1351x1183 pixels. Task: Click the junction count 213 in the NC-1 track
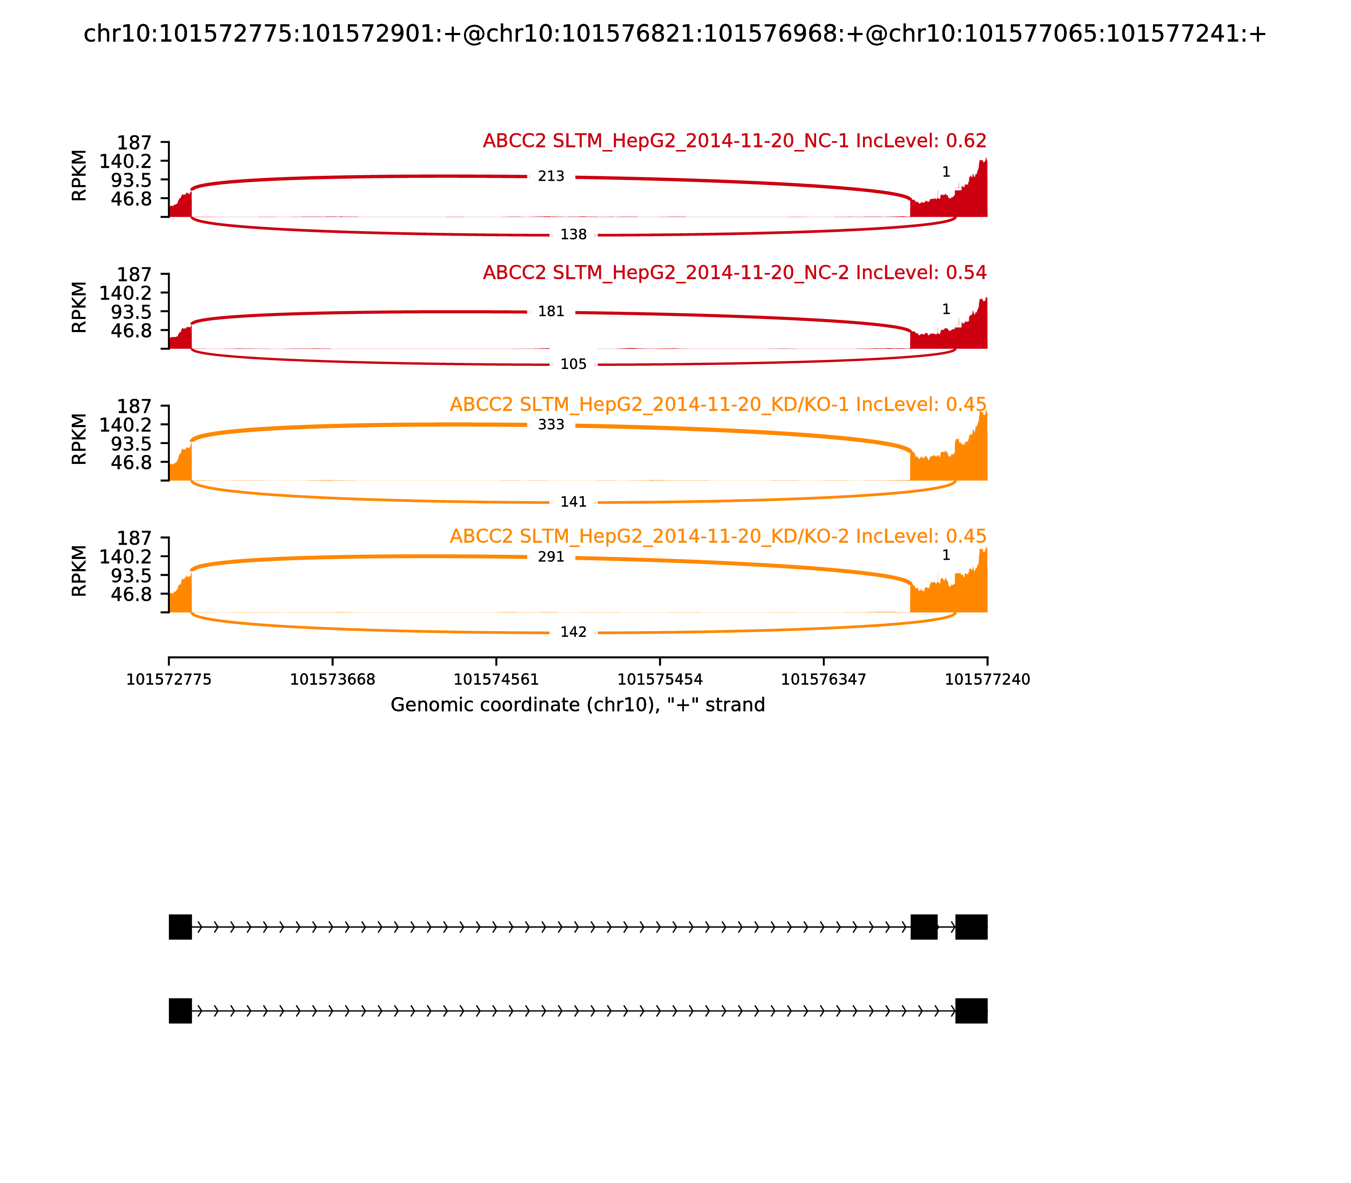(551, 176)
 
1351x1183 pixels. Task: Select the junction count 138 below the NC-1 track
(573, 234)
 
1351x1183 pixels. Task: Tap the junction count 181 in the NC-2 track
(551, 312)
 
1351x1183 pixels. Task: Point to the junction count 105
(573, 364)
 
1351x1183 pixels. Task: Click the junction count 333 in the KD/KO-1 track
(551, 425)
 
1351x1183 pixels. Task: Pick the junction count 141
(573, 502)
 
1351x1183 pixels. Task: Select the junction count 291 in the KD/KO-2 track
(551, 556)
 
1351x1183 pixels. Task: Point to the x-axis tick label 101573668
(333, 679)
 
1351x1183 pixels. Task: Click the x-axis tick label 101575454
(659, 679)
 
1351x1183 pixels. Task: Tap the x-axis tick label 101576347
(823, 679)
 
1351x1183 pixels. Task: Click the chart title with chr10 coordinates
(675, 34)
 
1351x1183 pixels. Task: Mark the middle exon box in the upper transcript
(924, 927)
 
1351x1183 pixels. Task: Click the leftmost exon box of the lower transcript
(180, 1011)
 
